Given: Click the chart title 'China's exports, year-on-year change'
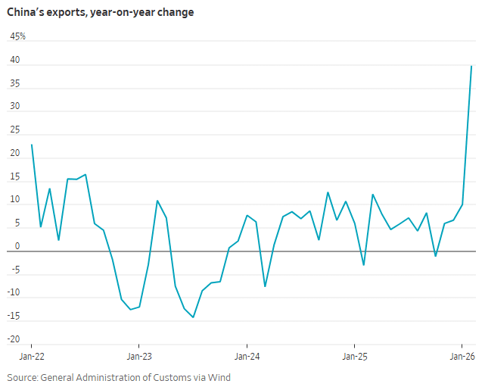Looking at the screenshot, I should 101,13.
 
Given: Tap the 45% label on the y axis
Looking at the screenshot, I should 17,36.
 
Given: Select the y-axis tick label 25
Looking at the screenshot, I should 14,131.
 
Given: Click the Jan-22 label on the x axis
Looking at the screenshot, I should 31,354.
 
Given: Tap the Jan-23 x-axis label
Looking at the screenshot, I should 138,354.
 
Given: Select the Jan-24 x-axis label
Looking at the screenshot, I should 247,354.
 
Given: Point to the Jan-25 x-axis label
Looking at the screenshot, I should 355,354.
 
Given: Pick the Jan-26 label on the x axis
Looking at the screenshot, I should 463,354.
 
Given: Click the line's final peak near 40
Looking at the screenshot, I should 471,66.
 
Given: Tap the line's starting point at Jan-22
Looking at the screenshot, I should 31,145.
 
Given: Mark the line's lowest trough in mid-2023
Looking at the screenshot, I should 193,317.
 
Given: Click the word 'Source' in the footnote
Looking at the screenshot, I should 24,377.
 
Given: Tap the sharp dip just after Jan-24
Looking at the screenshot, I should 265,286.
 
